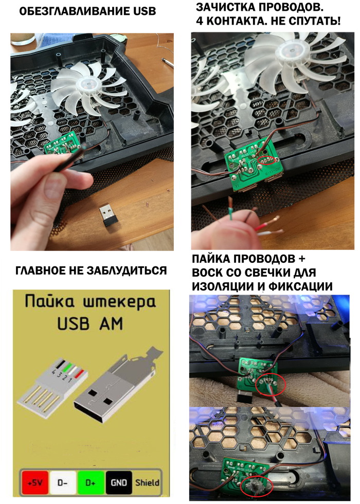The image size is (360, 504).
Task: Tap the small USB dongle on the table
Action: (x=108, y=215)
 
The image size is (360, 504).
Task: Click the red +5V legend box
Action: (x=35, y=482)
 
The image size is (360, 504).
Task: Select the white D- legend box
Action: (x=62, y=482)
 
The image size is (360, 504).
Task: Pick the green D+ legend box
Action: (x=91, y=482)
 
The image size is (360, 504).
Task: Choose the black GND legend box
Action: (x=119, y=482)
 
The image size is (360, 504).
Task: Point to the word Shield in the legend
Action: (x=147, y=482)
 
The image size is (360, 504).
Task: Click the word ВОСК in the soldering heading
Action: (x=208, y=273)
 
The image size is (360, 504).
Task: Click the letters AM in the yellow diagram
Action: (x=111, y=323)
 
